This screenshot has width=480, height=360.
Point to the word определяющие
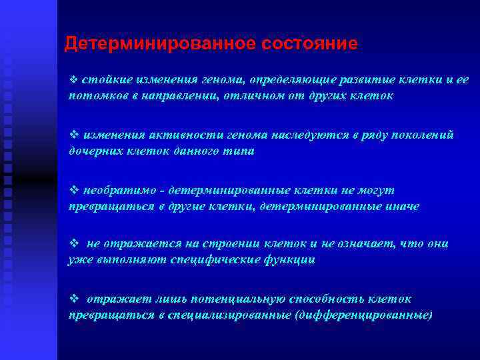pyautogui.click(x=291, y=80)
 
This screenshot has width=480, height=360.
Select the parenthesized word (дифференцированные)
pyautogui.click(x=363, y=315)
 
